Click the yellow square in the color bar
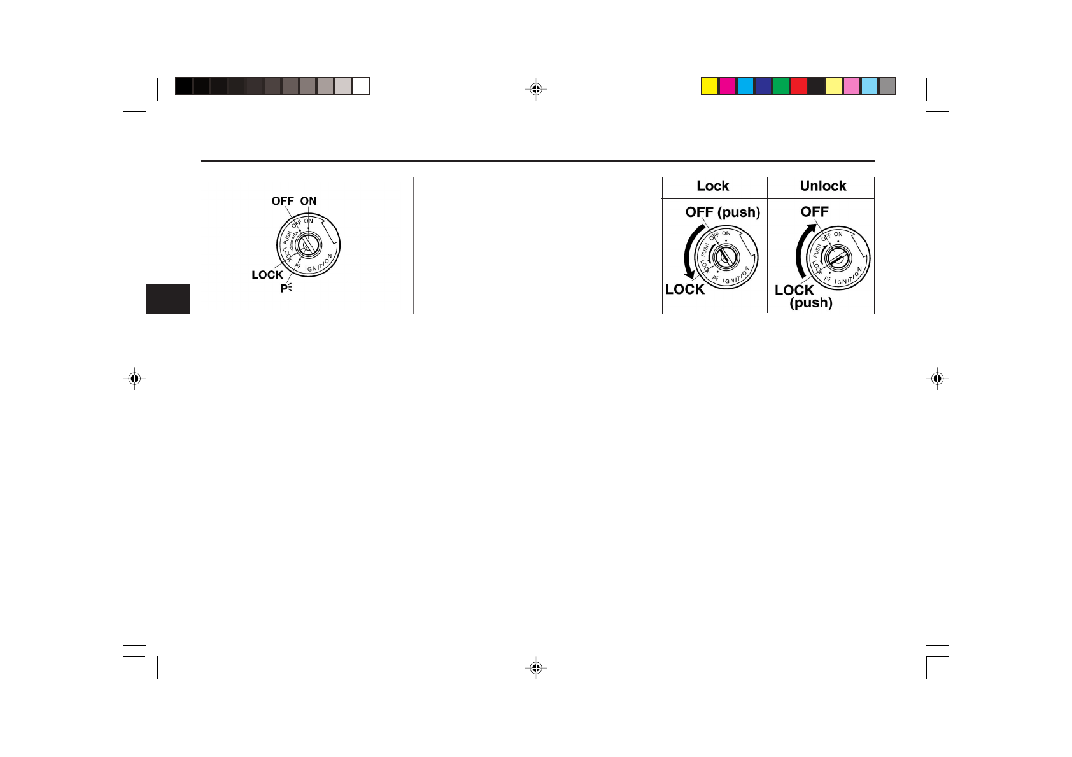710,86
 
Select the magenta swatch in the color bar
728,86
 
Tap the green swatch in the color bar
781,86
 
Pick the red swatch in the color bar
799,86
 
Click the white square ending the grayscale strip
361,86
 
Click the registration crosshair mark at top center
536,89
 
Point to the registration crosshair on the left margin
134,378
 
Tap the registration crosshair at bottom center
536,668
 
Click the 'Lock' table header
713,186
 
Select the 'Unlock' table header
823,186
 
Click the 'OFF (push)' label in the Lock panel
723,212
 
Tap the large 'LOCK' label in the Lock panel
685,289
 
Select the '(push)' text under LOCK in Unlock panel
811,303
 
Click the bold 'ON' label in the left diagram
309,201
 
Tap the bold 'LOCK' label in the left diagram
267,275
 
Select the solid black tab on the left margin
168,299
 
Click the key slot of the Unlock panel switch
836,258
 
